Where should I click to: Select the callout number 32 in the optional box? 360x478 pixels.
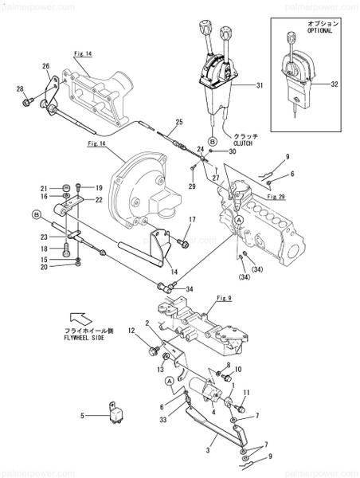click(x=333, y=84)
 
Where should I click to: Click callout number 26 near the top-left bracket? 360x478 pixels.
click(x=45, y=66)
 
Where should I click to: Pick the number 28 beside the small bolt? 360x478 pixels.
click(x=21, y=100)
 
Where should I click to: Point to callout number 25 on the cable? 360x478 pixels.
click(x=179, y=121)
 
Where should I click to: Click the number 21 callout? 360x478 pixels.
click(x=45, y=187)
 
